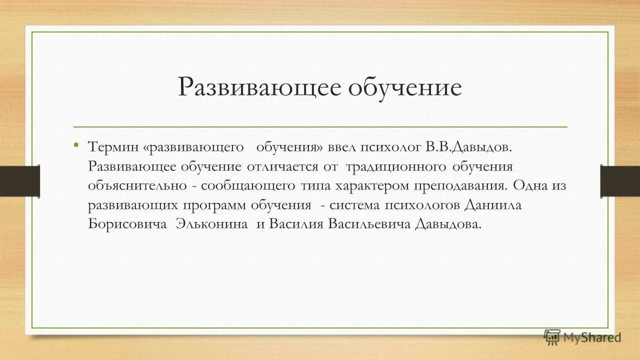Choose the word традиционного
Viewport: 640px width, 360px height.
click(395, 166)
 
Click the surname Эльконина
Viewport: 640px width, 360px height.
click(211, 224)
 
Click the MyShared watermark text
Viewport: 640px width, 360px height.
click(591, 337)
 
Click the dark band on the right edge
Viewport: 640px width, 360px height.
click(620, 180)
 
